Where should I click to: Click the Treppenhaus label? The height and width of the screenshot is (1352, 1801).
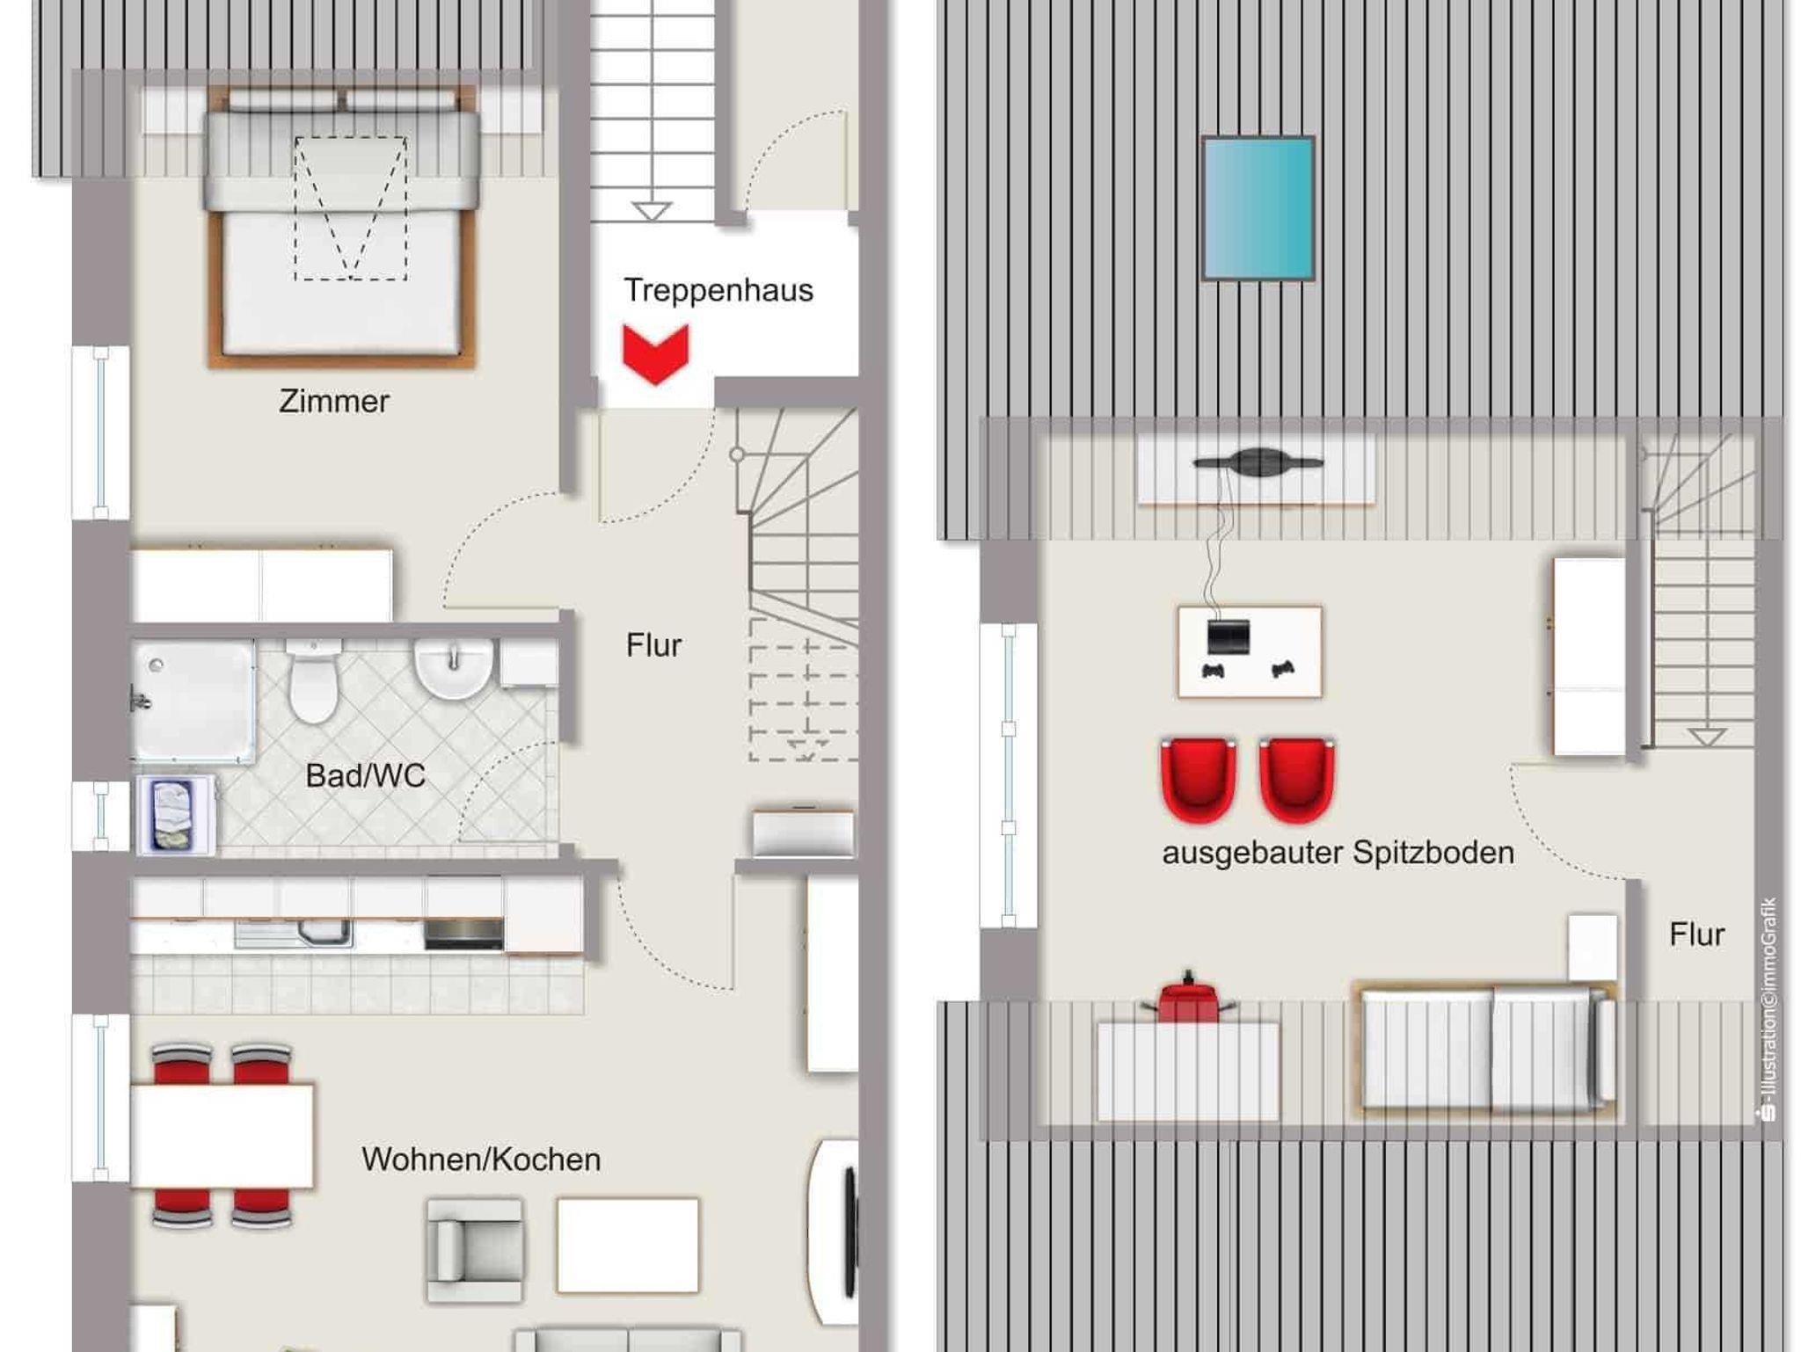[718, 291]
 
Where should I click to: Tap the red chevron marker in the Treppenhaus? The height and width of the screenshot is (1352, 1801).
[656, 354]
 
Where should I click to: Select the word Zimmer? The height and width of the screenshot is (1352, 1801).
[334, 401]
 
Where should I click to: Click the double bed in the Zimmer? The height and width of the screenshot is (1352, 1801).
[342, 226]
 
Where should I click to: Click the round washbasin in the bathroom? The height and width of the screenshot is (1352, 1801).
[454, 666]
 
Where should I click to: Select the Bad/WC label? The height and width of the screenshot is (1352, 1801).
[366, 775]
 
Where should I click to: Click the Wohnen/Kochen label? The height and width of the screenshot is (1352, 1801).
[481, 1159]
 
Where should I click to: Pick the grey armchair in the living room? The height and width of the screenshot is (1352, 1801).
[474, 1249]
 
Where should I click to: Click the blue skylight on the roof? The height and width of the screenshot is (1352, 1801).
[1258, 208]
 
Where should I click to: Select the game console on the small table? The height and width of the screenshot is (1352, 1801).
[1229, 636]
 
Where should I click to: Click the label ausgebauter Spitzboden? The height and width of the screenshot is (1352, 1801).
[1338, 853]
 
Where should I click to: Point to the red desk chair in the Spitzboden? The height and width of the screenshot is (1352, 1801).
[1188, 999]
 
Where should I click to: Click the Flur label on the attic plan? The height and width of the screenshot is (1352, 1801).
[1696, 934]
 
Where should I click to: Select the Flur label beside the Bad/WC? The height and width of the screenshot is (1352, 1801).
[653, 645]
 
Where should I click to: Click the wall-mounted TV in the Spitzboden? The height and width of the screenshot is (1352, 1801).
[1258, 462]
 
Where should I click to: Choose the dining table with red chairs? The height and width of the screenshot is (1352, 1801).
[222, 1136]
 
